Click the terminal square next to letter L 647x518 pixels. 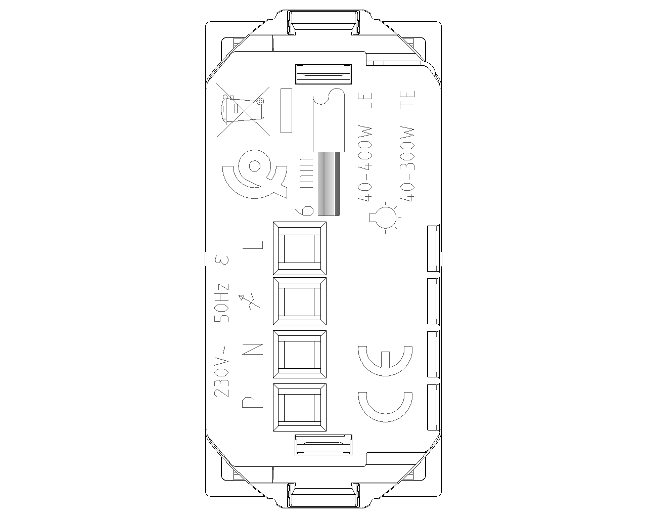[x=299, y=248]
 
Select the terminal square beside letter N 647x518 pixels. [x=299, y=354]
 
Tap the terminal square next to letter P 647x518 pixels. [x=299, y=407]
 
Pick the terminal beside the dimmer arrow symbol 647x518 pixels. [x=299, y=301]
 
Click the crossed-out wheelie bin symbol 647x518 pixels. [x=243, y=112]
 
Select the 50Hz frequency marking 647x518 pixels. [x=221, y=303]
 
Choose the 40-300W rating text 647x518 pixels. [x=407, y=164]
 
